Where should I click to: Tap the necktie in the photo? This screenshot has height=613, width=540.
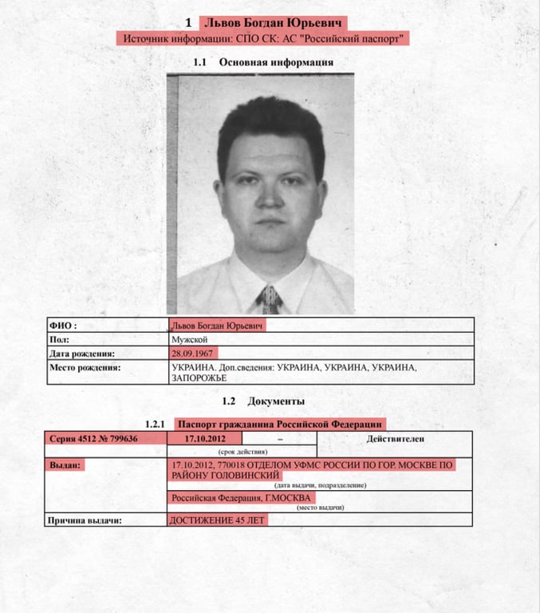[x=270, y=299]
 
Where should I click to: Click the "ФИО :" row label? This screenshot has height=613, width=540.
[x=63, y=326]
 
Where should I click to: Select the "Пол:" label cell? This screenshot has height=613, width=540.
[x=59, y=339]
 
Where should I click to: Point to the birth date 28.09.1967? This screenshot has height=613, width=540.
[x=192, y=353]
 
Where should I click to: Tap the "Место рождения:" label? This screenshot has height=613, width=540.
[x=85, y=367]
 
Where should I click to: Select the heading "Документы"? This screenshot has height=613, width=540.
[x=276, y=401]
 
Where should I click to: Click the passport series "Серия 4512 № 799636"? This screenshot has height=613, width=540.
[x=94, y=438]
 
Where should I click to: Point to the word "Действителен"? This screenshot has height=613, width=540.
[x=395, y=438]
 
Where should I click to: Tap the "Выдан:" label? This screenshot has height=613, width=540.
[x=65, y=465]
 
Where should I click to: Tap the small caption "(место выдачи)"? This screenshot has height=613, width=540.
[x=320, y=508]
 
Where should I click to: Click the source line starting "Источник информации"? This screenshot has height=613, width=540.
[x=263, y=38]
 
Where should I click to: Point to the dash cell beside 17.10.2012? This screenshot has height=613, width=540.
[x=279, y=438]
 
